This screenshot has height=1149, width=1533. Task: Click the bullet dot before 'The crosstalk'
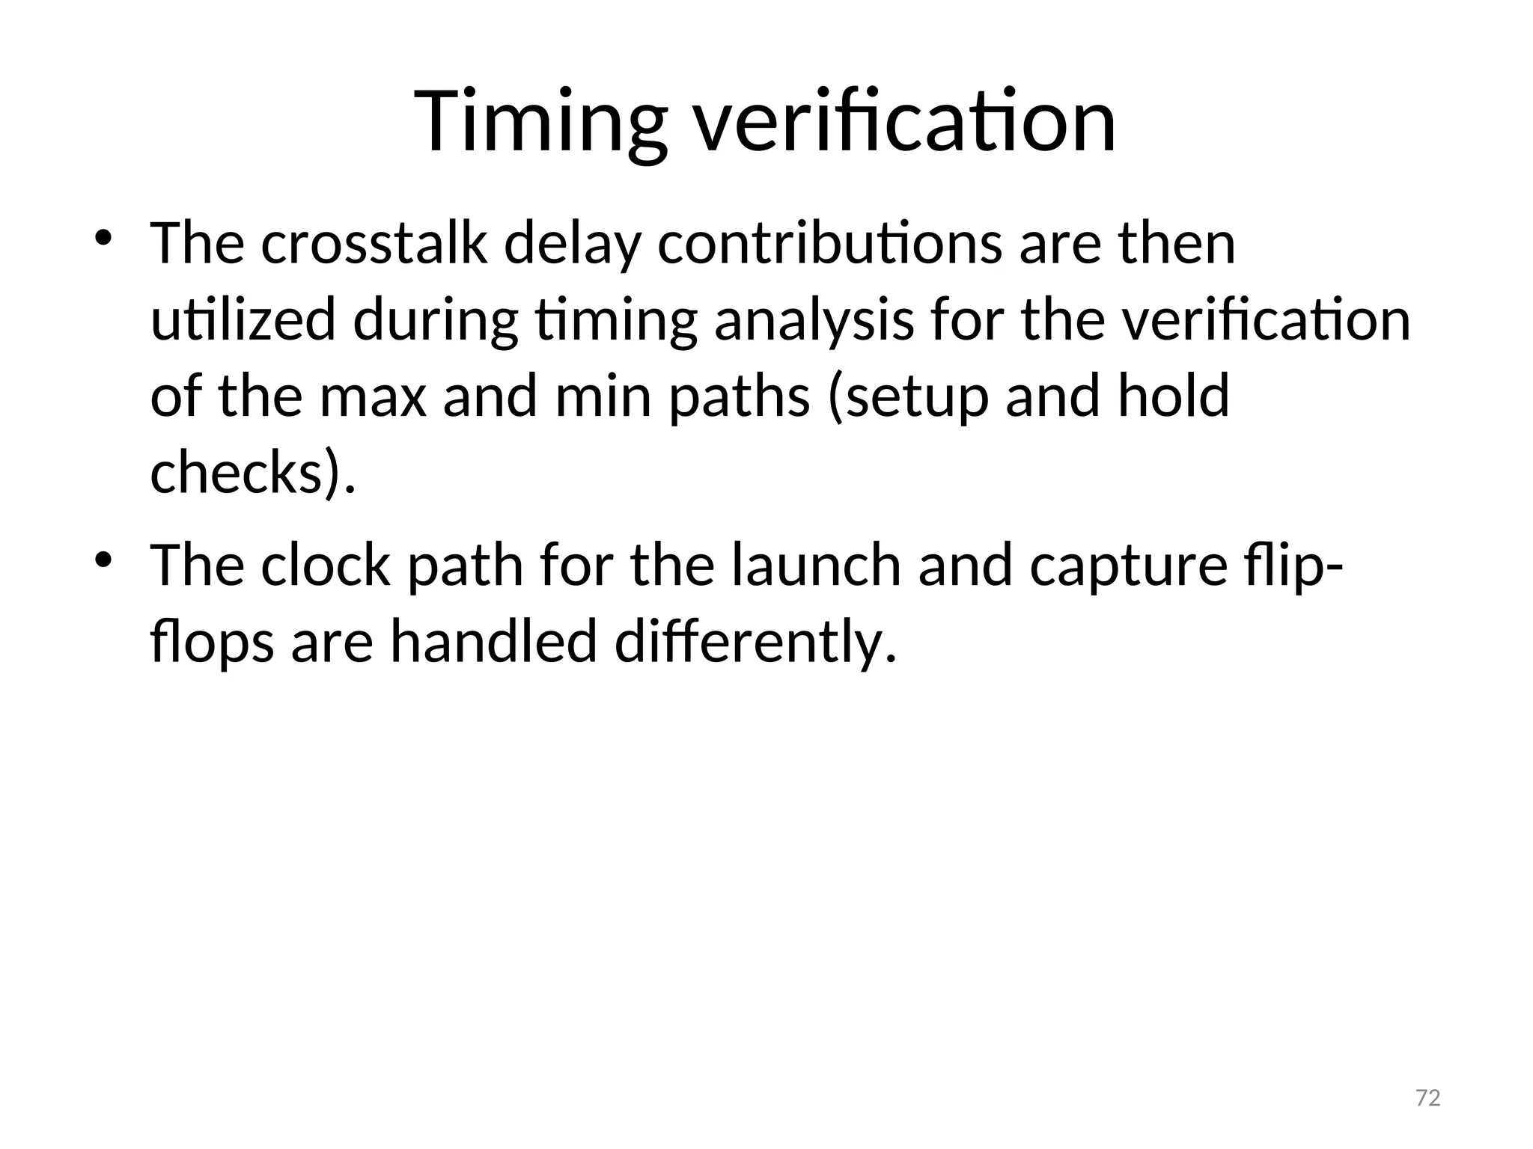coord(103,239)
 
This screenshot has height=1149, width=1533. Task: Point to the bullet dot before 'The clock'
coord(103,559)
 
